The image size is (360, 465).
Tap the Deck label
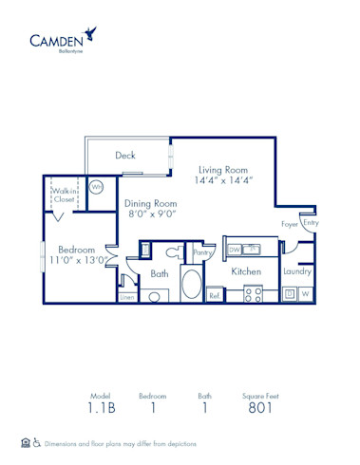(125, 156)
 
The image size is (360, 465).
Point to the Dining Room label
(150, 203)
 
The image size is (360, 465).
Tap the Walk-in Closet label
(64, 195)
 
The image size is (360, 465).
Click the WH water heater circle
(97, 187)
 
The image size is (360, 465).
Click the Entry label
(311, 224)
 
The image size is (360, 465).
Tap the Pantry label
(201, 252)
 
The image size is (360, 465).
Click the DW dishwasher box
(234, 250)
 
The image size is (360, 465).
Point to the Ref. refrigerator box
(215, 295)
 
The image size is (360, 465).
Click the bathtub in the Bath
(190, 287)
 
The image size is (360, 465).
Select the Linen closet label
(127, 297)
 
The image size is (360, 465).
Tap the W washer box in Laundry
(306, 294)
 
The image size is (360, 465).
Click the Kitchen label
(246, 271)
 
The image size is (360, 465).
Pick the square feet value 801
(259, 409)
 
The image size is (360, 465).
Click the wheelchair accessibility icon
(37, 443)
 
